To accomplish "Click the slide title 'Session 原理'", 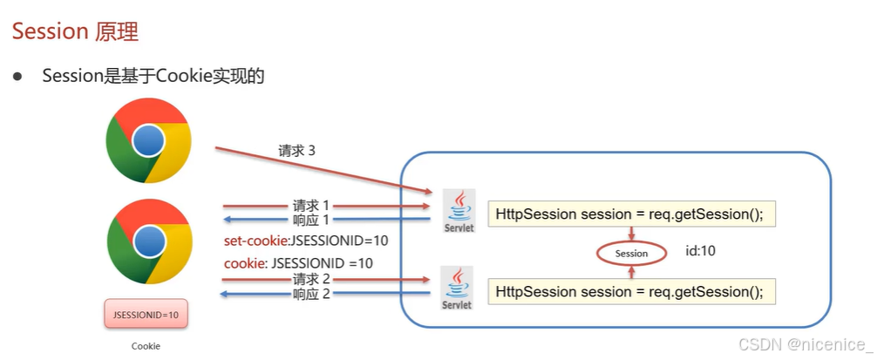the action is (76, 32).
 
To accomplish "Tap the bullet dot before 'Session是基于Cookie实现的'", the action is (17, 77).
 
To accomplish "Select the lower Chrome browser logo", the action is (149, 241).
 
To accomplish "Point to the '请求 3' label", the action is (297, 151).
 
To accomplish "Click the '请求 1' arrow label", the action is (311, 207).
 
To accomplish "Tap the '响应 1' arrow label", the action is (311, 220).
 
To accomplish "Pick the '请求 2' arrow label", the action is (311, 279).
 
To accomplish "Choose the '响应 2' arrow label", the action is (311, 294).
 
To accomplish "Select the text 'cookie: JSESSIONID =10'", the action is (298, 262).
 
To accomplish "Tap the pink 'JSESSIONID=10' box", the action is (146, 315).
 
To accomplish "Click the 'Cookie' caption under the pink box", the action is (146, 346).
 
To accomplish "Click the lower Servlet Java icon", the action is (458, 288).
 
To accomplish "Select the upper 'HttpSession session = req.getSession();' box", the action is (632, 214).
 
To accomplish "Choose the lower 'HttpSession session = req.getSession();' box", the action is (632, 291).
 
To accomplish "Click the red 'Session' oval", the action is (631, 254).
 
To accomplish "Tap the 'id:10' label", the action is (701, 251).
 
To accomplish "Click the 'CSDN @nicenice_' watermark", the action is (805, 344).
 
